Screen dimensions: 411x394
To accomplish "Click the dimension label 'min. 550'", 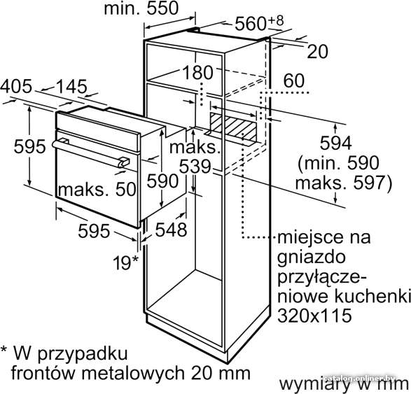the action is (x=141, y=8).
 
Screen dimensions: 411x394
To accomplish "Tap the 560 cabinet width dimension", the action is (x=258, y=23).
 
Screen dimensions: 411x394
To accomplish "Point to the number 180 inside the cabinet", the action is (x=197, y=73).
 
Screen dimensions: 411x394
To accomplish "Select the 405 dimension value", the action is (x=16, y=86).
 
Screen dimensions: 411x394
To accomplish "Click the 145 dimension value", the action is (x=71, y=87).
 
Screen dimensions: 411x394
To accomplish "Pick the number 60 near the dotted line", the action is (x=294, y=80).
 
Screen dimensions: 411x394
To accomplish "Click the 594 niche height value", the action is (x=336, y=143).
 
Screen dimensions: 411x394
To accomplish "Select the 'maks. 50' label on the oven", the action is (x=97, y=189).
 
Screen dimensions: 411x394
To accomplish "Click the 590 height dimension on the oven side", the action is (x=162, y=181).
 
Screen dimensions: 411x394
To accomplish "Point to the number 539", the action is (x=195, y=166).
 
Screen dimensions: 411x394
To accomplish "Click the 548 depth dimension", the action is (x=171, y=230).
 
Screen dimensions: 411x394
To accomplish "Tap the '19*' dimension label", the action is (x=125, y=262).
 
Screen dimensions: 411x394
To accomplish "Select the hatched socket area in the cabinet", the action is (x=233, y=127).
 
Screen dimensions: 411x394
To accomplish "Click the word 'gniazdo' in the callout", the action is (x=312, y=258).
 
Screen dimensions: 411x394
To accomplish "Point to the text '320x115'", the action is (x=314, y=315).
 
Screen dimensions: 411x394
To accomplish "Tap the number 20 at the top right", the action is (x=317, y=52).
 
